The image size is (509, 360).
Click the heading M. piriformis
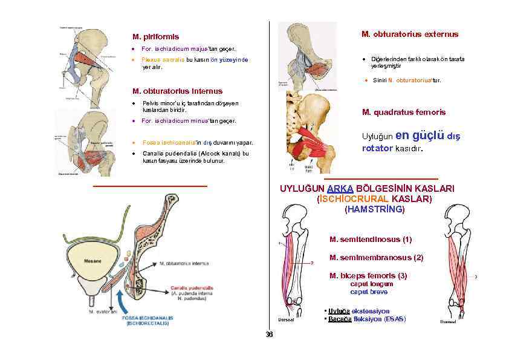coord(155,37)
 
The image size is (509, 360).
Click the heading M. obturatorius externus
coord(410,34)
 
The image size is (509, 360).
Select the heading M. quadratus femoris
coord(404,112)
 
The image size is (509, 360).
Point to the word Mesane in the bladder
coord(92,261)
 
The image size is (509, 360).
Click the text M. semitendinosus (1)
coord(371,240)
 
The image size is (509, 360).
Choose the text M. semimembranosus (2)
coord(376,258)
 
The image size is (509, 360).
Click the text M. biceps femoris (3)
coord(368,276)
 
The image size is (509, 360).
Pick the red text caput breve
coord(371,292)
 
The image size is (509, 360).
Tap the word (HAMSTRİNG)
coord(374,209)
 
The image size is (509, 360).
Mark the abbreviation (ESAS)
coord(395,319)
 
